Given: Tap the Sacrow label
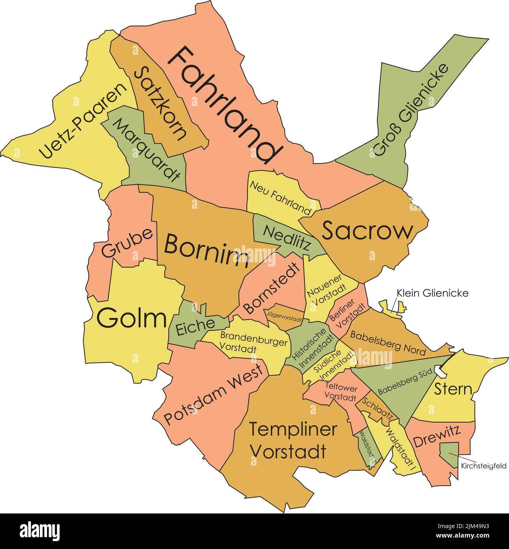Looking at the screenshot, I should coord(367,231).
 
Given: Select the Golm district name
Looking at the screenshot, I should coord(131,319).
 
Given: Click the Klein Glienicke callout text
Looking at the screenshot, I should coord(432,293).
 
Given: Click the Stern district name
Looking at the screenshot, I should coord(453,389).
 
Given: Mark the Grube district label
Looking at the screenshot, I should coord(127,243).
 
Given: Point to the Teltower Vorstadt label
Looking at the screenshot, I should coord(340,391).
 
